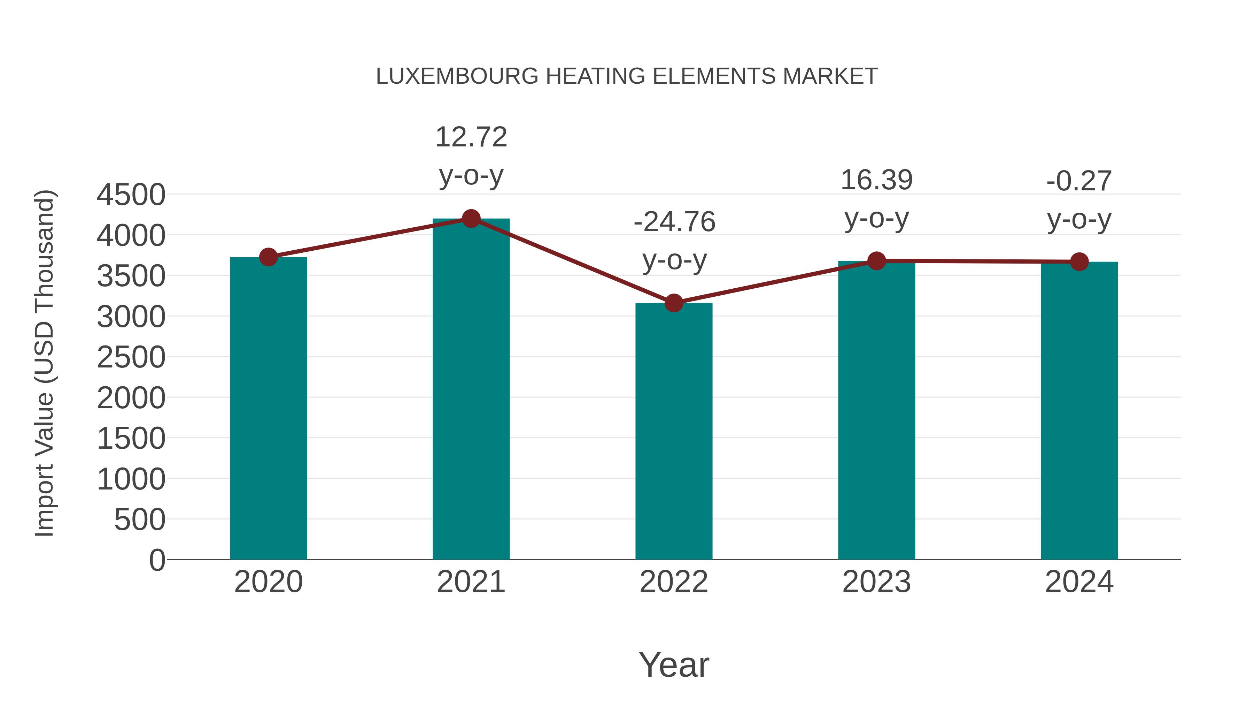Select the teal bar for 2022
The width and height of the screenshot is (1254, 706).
tap(674, 431)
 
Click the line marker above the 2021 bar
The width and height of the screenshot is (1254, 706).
tap(471, 219)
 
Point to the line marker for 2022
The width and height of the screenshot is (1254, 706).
tap(674, 303)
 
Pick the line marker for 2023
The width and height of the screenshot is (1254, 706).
tap(876, 261)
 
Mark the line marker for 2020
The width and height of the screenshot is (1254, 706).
tap(268, 257)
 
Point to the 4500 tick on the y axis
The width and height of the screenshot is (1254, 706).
tap(131, 195)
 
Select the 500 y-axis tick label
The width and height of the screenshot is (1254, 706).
tap(140, 520)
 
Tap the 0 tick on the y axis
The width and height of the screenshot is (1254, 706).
tap(157, 560)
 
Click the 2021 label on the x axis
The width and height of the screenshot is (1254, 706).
tap(471, 582)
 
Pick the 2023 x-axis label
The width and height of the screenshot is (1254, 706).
tap(876, 582)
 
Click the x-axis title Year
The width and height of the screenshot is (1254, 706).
tap(674, 665)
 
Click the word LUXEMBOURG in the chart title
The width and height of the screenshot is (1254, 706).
tap(457, 76)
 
